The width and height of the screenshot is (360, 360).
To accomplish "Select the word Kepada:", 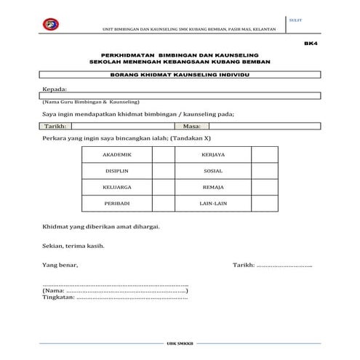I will [55, 89].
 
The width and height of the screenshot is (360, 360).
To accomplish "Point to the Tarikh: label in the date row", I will [54, 126].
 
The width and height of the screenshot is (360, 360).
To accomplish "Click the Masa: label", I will [181, 126].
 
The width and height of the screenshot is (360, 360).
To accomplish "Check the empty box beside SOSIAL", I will [263, 173].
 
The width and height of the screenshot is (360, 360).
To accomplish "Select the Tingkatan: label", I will [59, 297].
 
